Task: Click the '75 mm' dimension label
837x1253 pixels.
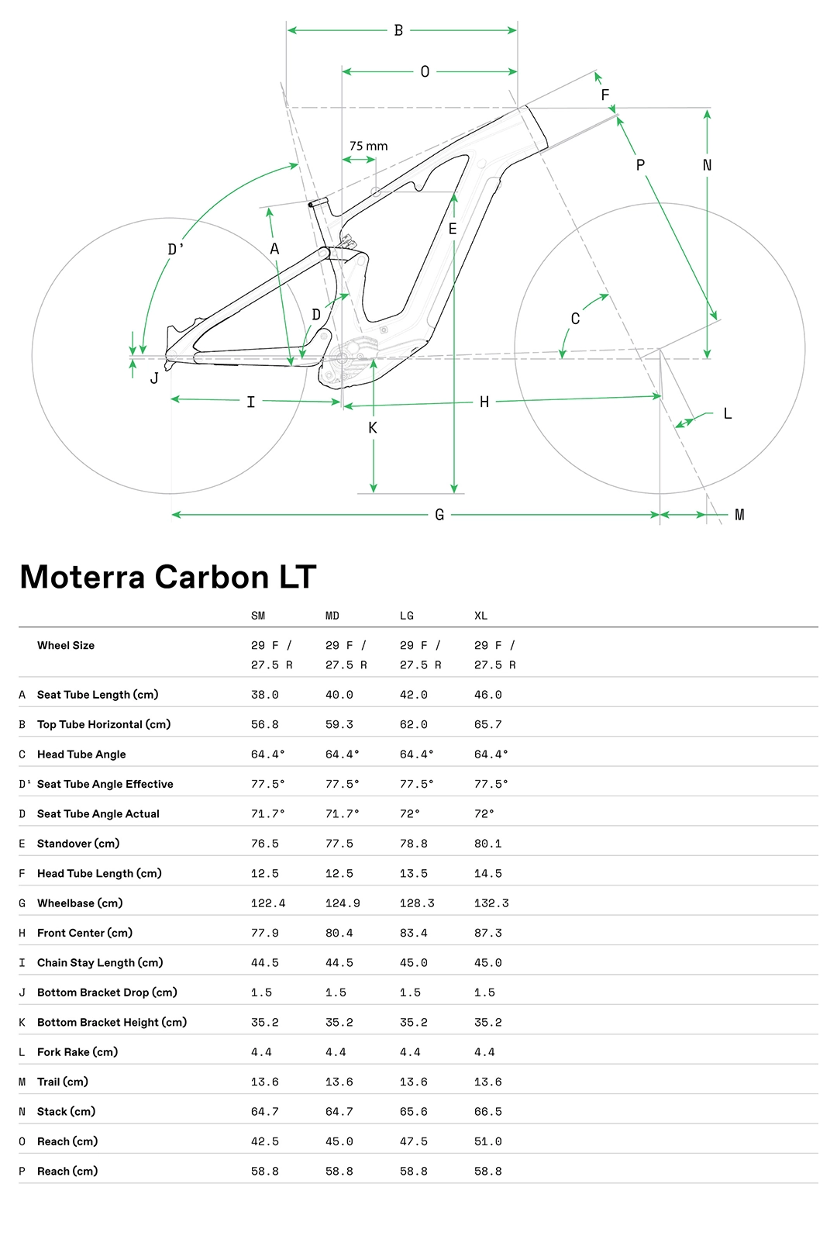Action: click(368, 146)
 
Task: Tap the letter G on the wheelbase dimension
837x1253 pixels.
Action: click(439, 515)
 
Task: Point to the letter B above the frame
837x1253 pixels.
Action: click(398, 30)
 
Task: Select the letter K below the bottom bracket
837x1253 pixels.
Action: click(373, 428)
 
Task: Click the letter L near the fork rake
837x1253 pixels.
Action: click(727, 414)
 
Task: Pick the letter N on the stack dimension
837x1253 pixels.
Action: click(707, 165)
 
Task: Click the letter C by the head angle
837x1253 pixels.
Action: click(575, 319)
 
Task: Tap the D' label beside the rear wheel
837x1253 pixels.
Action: click(176, 249)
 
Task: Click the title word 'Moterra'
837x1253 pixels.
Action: click(82, 577)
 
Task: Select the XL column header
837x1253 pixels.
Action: click(480, 616)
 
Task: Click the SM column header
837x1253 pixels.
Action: click(258, 616)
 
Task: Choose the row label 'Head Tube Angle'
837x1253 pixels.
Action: click(81, 754)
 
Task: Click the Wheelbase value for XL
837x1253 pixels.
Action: click(491, 903)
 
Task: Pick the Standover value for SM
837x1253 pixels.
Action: click(264, 844)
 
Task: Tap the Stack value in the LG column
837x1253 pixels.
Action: click(413, 1112)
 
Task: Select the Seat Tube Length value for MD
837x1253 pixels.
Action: click(339, 695)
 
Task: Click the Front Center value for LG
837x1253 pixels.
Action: click(413, 933)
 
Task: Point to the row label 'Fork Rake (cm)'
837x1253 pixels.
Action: click(77, 1052)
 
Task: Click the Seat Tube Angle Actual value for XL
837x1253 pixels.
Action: click(484, 814)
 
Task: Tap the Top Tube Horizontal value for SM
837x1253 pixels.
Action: click(264, 724)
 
